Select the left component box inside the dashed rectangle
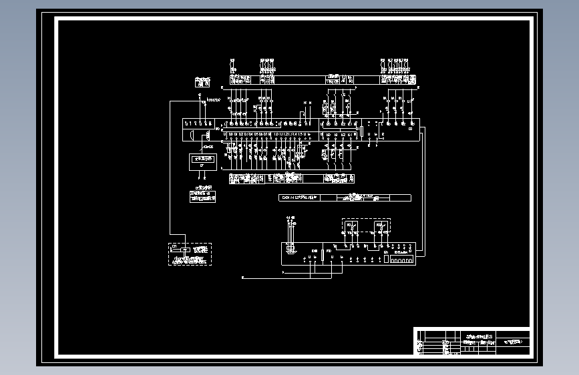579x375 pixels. tap(351, 226)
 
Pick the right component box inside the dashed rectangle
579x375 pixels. tap(379, 226)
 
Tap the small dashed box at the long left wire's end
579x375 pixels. tap(189, 254)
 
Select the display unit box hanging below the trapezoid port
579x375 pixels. tap(202, 160)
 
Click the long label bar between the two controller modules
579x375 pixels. tap(345, 198)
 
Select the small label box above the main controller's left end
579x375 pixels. tap(202, 82)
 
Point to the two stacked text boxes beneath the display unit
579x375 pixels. tap(202, 196)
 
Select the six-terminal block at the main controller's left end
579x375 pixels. tap(198, 124)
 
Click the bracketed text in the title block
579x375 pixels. tap(514, 341)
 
